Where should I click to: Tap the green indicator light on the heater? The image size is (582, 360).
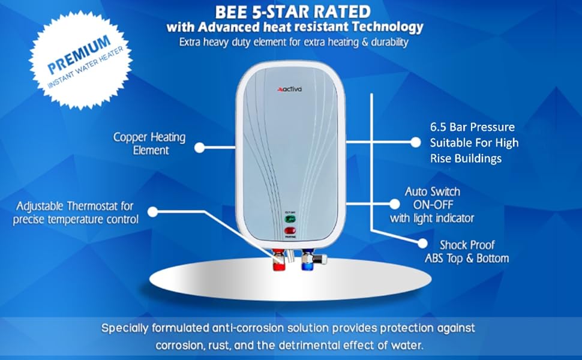(x=290, y=219)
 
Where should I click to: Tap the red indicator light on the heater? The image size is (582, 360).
(x=290, y=230)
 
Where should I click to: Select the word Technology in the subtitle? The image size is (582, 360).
(x=389, y=28)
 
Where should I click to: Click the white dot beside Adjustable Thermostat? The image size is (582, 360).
(x=152, y=212)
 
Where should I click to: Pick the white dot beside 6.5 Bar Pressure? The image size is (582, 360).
(x=415, y=143)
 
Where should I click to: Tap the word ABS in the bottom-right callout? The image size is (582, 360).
(x=435, y=259)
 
